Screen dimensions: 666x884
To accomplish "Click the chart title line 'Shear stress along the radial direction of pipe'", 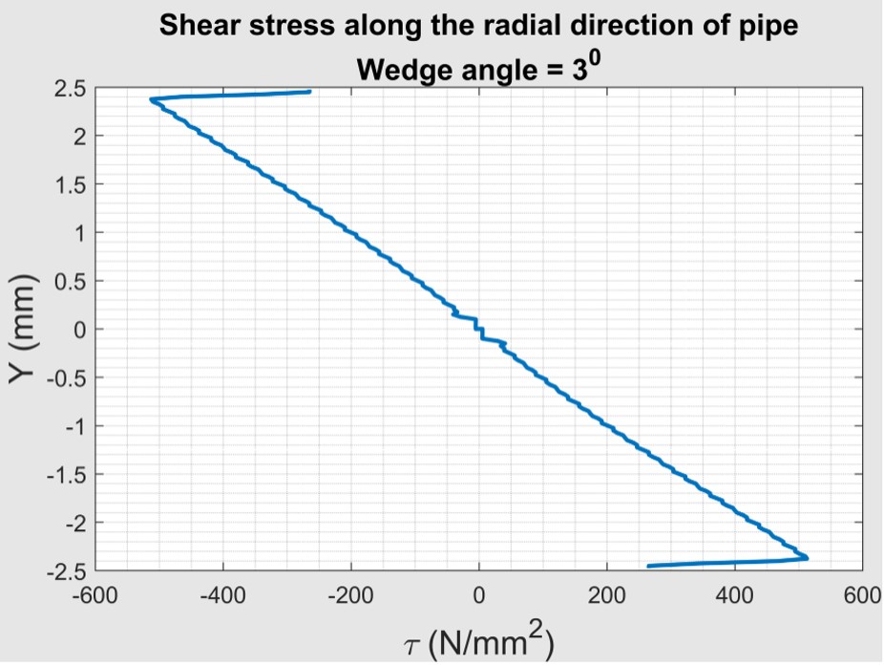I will coord(477,26).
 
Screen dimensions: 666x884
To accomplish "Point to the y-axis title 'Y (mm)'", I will coord(25,330).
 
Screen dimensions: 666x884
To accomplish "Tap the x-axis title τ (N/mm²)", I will coord(478,639).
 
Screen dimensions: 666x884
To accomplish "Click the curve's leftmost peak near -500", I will coord(151,99).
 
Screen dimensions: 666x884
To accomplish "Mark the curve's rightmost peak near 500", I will coord(807,557).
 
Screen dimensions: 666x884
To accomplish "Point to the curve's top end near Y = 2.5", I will coord(309,92).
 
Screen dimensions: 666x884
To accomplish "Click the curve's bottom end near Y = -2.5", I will coord(649,566).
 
